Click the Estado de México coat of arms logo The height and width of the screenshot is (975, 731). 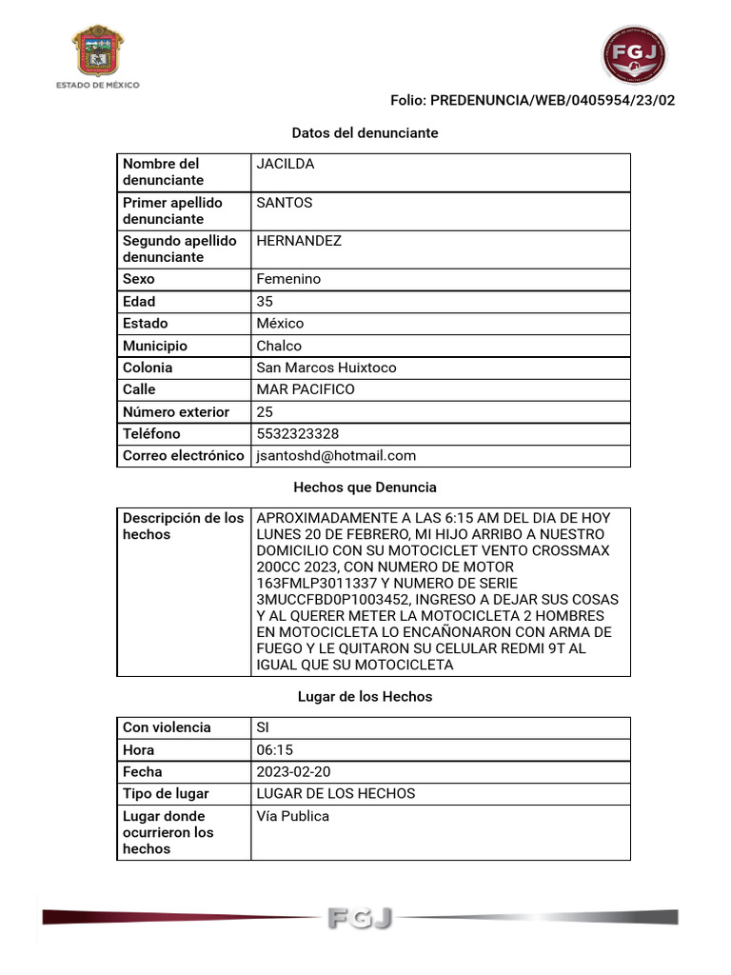[99, 53]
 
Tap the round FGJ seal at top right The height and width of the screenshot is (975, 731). [634, 54]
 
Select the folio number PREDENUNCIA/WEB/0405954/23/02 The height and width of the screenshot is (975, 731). [552, 101]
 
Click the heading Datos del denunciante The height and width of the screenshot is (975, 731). [365, 133]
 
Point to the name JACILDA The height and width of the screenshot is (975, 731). [286, 164]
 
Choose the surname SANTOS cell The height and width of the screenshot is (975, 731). [285, 203]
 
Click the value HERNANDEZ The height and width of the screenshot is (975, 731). [299, 241]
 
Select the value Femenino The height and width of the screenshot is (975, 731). [288, 279]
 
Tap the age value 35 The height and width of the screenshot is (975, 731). [265, 301]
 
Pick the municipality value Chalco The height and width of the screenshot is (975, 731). [279, 346]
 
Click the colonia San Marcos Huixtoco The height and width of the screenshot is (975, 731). [326, 368]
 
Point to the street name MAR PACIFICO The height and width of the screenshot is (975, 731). [306, 389]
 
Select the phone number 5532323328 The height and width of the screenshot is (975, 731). [298, 434]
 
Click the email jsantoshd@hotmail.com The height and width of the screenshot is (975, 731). [336, 456]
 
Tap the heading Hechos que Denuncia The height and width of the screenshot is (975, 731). [365, 487]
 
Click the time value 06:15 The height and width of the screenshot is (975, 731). [275, 750]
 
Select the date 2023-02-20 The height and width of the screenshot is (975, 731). [294, 772]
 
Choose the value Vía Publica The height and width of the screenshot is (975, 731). [293, 816]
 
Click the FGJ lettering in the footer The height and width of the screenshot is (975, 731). [359, 918]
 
